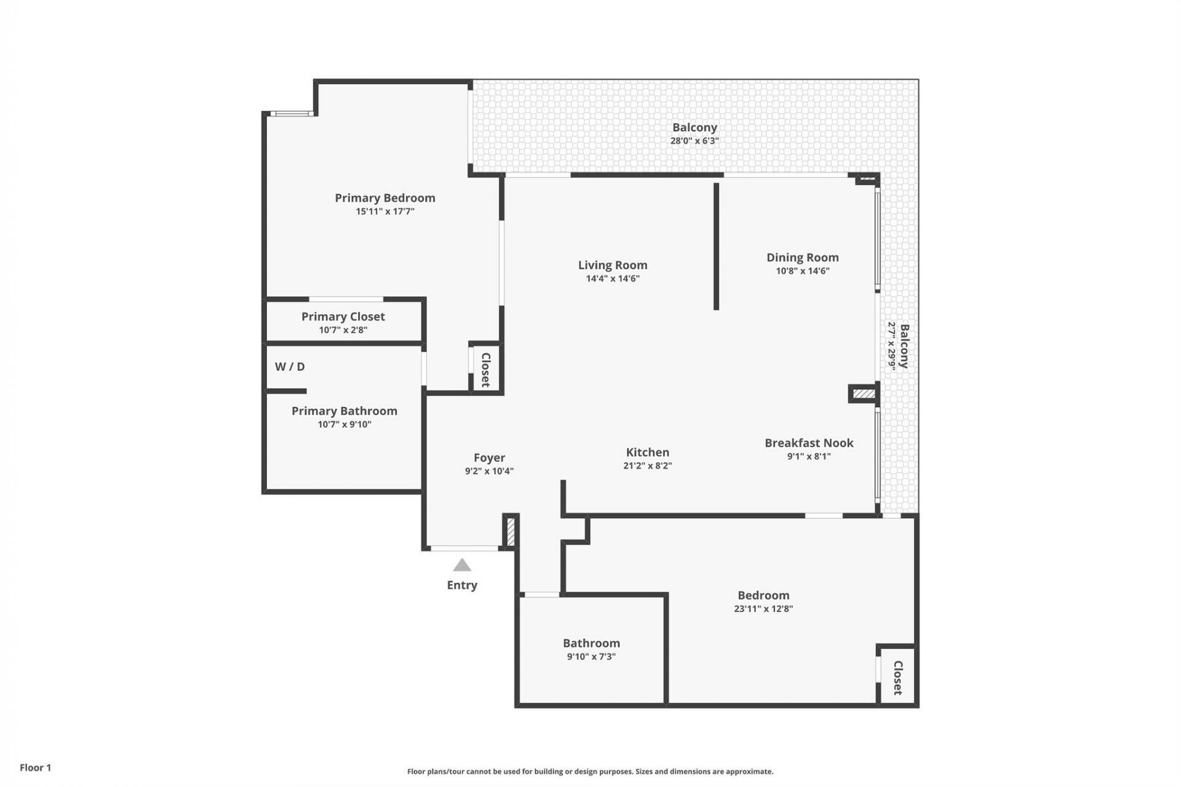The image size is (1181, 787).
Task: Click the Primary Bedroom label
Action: [x=384, y=198]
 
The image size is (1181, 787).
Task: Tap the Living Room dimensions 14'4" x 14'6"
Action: [x=613, y=279]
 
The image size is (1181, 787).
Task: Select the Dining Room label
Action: [x=802, y=258]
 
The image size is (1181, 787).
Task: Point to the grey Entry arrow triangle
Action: [x=462, y=566]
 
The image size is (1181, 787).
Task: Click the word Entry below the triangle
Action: [x=462, y=585]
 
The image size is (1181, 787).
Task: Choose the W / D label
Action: [x=290, y=366]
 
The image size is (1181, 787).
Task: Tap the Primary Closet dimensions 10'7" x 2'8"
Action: [x=343, y=330]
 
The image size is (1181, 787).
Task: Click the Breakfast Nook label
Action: [x=809, y=443]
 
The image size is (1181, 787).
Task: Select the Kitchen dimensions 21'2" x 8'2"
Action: [x=647, y=466]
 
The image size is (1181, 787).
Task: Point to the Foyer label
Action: [x=489, y=457]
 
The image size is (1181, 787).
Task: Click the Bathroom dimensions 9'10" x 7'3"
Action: [x=591, y=657]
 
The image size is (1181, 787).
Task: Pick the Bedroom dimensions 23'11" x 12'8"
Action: [x=763, y=609]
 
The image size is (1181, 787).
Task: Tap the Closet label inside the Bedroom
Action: [x=897, y=678]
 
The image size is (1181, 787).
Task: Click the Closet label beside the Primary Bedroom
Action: [x=486, y=370]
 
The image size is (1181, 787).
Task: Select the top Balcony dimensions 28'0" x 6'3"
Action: [x=694, y=141]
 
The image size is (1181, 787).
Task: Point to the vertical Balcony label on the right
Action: [x=904, y=346]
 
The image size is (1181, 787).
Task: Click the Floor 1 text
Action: [x=36, y=767]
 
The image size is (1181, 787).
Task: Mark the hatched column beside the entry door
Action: [x=510, y=531]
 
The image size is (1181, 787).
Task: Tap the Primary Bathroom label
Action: [x=344, y=411]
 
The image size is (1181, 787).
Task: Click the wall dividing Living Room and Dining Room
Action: [x=716, y=246]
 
